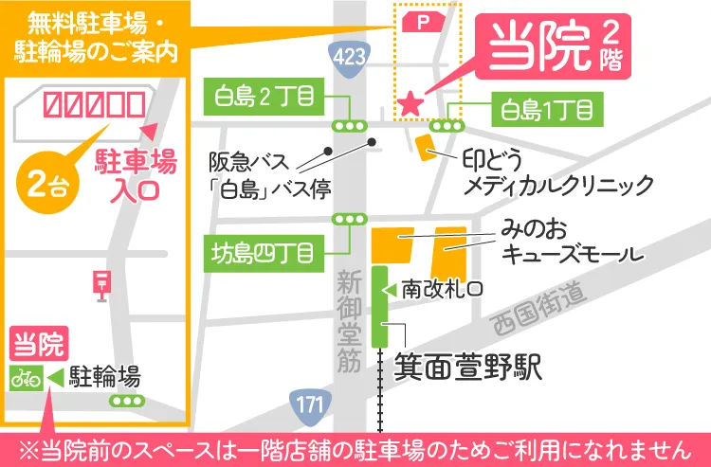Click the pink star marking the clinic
coord(410,101)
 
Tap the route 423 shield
coord(351,58)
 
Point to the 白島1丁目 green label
coord(547,112)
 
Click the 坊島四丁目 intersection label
coord(267,252)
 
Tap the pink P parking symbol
coord(419,22)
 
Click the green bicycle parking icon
coord(25,377)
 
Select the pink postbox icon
coord(100,281)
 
